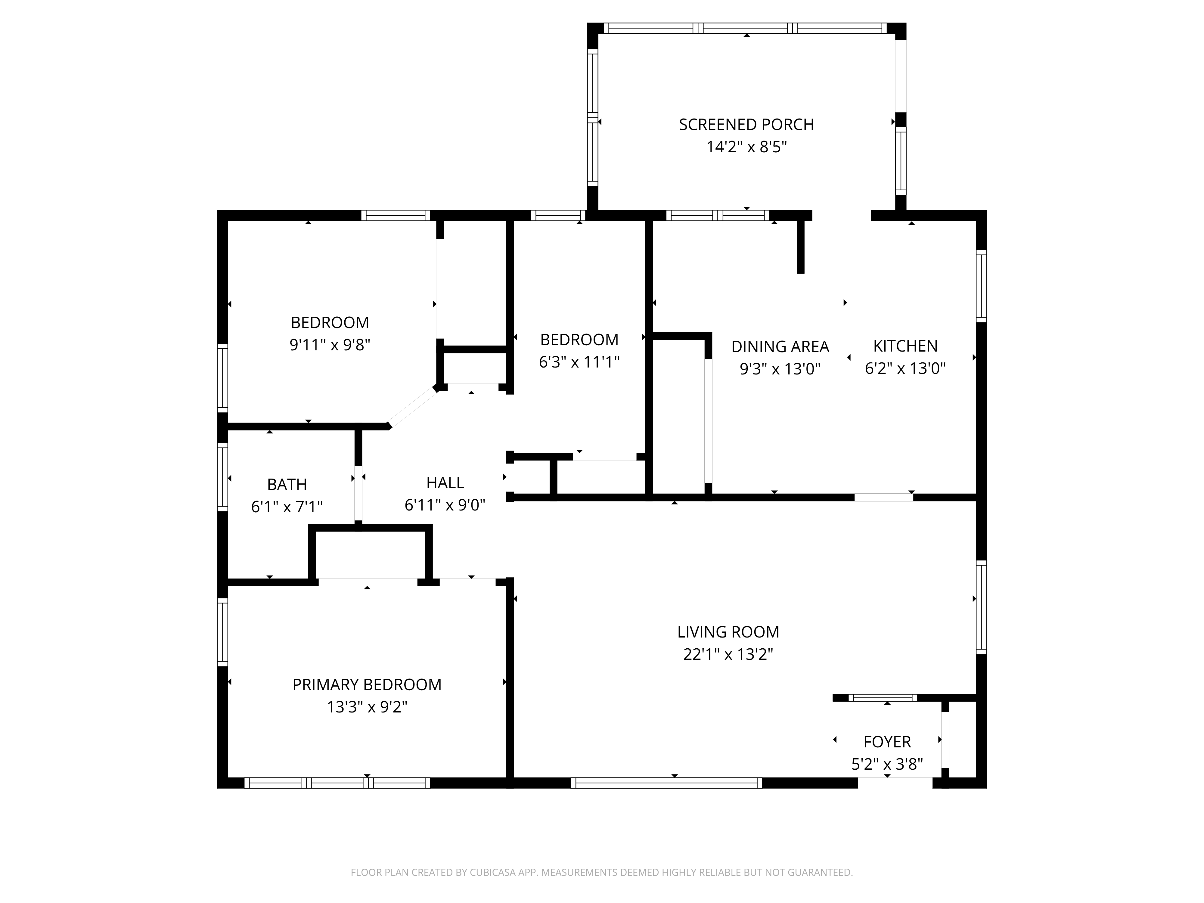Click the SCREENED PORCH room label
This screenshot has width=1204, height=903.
pyautogui.click(x=746, y=125)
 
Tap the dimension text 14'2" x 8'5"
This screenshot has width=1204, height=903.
pyautogui.click(x=746, y=147)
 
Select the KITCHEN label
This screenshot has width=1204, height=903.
pyautogui.click(x=905, y=346)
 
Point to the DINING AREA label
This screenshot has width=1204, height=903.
pyautogui.click(x=780, y=347)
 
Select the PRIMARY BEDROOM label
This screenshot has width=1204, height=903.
pyautogui.click(x=367, y=685)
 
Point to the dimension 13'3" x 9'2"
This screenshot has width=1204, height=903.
pyautogui.click(x=367, y=707)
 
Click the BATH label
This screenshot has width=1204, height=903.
pyautogui.click(x=287, y=484)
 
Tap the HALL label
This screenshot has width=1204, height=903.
pyautogui.click(x=445, y=483)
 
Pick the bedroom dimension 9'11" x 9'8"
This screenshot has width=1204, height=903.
pyautogui.click(x=330, y=345)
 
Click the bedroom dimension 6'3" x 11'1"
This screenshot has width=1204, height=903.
pyautogui.click(x=579, y=362)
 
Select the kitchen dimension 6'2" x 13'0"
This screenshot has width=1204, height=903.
pyautogui.click(x=905, y=368)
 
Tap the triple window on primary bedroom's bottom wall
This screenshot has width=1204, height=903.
pyautogui.click(x=337, y=783)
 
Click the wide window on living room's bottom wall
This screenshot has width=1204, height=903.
pyautogui.click(x=666, y=783)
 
